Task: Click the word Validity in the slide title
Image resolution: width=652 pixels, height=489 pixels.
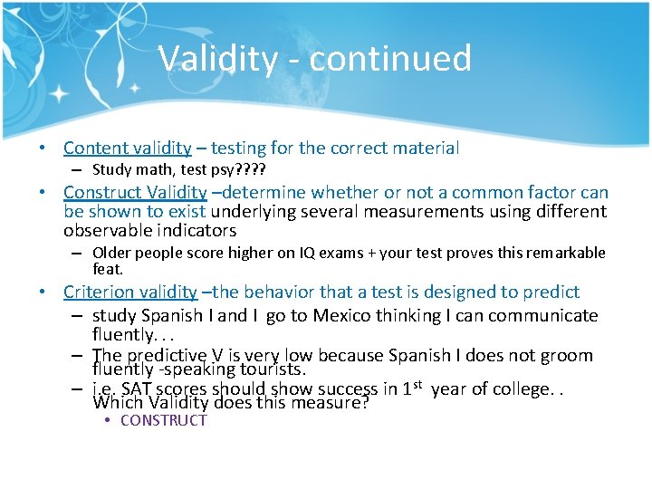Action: pyautogui.click(x=217, y=59)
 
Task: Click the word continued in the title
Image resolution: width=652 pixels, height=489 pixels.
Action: pyautogui.click(x=390, y=59)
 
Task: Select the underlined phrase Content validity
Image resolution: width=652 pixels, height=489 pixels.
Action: pyautogui.click(x=127, y=148)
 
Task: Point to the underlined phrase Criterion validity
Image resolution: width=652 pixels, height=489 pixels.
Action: pyautogui.click(x=129, y=292)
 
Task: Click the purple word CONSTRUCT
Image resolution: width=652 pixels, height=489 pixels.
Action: pyautogui.click(x=163, y=420)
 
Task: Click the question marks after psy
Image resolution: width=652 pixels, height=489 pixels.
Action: pyautogui.click(x=251, y=169)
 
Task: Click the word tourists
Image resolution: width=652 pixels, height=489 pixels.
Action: pyautogui.click(x=268, y=369)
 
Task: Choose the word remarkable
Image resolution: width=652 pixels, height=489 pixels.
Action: pyautogui.click(x=557, y=254)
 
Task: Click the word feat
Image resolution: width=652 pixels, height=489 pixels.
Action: pyautogui.click(x=108, y=269)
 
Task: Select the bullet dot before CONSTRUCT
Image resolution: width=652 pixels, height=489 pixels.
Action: pyautogui.click(x=107, y=420)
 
